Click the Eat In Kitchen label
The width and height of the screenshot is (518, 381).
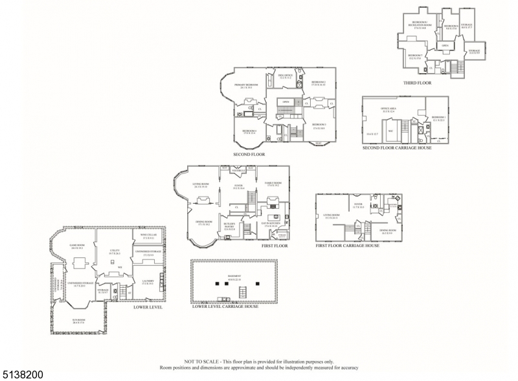271,224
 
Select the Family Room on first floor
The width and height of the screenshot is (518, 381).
273,184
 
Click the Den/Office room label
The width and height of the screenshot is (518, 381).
286,76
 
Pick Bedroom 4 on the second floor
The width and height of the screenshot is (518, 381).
250,131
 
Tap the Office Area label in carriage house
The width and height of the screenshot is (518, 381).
389,110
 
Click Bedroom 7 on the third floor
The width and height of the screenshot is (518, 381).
415,56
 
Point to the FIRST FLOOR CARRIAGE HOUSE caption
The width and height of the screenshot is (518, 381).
348,246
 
